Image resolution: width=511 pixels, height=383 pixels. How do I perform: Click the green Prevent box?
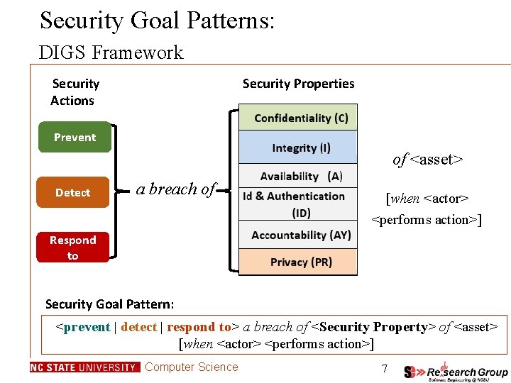click(x=75, y=138)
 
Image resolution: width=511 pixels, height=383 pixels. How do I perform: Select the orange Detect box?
click(x=72, y=192)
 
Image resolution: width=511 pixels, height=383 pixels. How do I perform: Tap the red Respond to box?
click(x=72, y=248)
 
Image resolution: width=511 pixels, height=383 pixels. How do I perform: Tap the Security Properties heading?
click(x=298, y=84)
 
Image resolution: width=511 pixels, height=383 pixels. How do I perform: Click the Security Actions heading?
click(x=74, y=92)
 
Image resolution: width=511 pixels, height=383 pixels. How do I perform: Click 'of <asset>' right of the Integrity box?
click(x=427, y=160)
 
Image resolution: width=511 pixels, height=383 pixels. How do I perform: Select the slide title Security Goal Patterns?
click(x=157, y=21)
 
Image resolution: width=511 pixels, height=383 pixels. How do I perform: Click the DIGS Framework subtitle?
click(x=111, y=52)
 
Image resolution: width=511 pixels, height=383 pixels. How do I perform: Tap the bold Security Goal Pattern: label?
click(x=109, y=304)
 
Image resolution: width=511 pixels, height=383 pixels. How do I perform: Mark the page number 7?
click(x=384, y=369)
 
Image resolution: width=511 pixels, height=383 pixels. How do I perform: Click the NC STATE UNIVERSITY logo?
click(x=85, y=367)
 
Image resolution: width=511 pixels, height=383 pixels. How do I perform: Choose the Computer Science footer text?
click(x=192, y=367)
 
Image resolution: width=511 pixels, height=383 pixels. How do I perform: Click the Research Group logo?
click(x=456, y=372)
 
